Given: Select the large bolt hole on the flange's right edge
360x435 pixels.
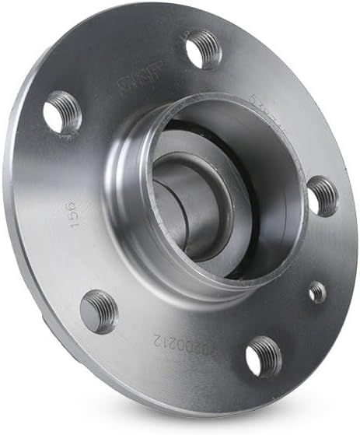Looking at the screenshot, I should click(x=323, y=195).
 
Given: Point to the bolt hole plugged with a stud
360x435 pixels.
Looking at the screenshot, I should click(x=100, y=310).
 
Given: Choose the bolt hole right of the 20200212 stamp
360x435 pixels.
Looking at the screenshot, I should click(x=264, y=357).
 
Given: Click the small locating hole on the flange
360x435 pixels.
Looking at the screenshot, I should click(x=317, y=292).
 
